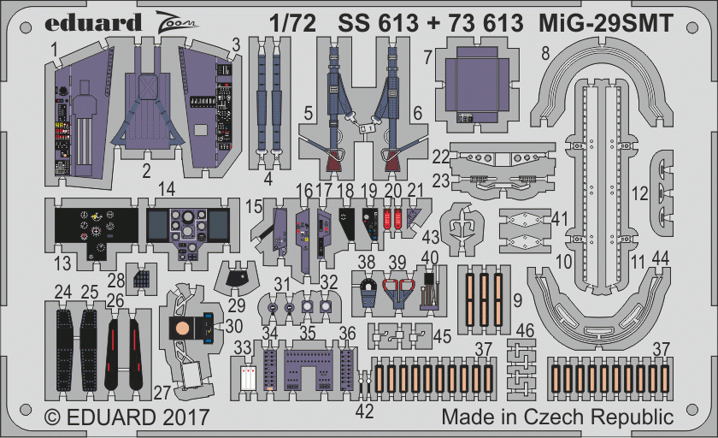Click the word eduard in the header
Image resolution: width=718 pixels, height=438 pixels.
[x=93, y=23]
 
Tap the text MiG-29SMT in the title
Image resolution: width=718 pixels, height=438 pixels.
[x=606, y=23]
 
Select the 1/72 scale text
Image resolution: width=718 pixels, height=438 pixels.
[x=292, y=23]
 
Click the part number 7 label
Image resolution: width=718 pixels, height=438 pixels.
[x=427, y=57]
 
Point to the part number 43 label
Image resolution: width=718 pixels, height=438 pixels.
[x=431, y=237]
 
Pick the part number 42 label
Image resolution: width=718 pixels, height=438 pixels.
[x=364, y=411]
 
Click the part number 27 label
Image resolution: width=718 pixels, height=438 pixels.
[x=162, y=393]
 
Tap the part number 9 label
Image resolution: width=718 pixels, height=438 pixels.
[x=517, y=300]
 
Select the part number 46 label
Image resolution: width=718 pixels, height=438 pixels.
[x=525, y=330]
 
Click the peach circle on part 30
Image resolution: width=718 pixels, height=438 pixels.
[x=182, y=328]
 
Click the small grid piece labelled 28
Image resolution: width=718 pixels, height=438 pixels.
[x=142, y=278]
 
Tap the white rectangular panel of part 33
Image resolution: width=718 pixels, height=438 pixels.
[x=248, y=377]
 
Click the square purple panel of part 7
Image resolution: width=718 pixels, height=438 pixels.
[x=476, y=85]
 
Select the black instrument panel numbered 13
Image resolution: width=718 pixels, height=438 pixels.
[x=96, y=233]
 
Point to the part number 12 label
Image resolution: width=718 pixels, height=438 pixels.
[x=639, y=194]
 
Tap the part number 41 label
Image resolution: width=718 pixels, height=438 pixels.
[x=559, y=219]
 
